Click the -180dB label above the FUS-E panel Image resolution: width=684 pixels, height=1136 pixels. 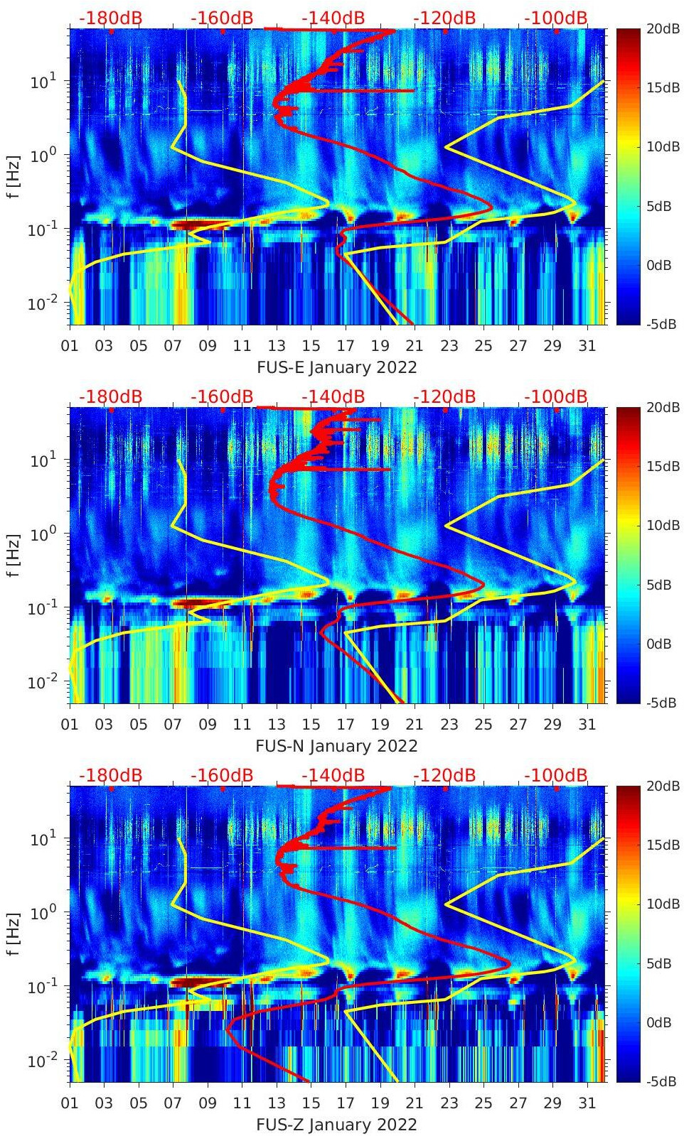[x=110, y=18]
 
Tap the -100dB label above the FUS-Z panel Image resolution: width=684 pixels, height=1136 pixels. [x=555, y=775]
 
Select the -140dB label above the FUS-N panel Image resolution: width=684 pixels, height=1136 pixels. [x=333, y=396]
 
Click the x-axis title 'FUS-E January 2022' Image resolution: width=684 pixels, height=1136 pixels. [x=336, y=367]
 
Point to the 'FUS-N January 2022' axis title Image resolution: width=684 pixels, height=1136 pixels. [x=336, y=746]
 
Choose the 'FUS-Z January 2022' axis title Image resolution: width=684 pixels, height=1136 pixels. [x=336, y=1125]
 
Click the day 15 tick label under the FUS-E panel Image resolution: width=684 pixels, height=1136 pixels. [x=311, y=346]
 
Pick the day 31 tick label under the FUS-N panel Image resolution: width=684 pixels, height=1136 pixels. [x=587, y=725]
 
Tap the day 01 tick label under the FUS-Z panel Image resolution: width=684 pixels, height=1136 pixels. [x=70, y=1103]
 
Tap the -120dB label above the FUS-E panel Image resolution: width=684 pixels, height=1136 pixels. [x=444, y=18]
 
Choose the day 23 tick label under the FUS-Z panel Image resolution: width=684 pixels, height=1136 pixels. [x=449, y=1103]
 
